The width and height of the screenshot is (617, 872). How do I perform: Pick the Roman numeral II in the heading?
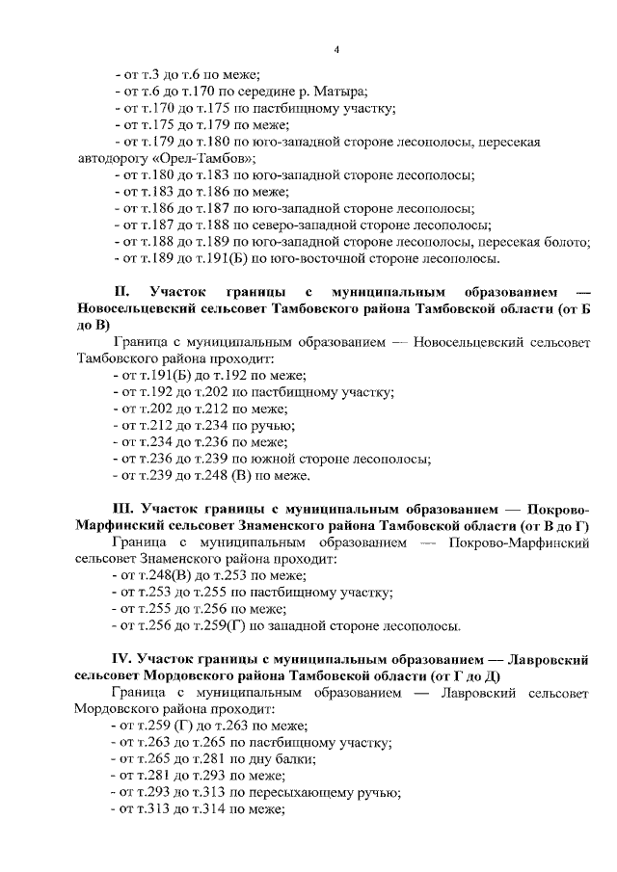(121, 291)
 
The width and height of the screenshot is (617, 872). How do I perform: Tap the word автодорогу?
(113, 159)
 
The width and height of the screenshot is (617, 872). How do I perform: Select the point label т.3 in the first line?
(148, 74)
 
